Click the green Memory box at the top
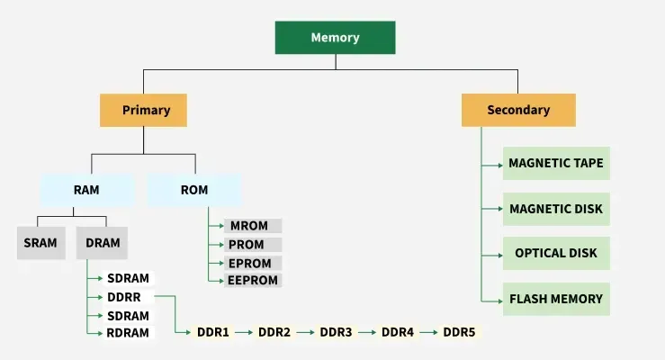(x=335, y=38)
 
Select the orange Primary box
(x=145, y=110)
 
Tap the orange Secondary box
(x=518, y=110)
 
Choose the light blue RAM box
(x=86, y=190)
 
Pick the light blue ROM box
(x=194, y=190)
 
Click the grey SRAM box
(x=40, y=243)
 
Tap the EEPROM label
(x=253, y=281)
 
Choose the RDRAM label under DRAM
(x=128, y=332)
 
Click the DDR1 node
(x=213, y=332)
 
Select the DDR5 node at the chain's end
(x=459, y=332)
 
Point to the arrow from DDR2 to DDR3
(x=305, y=332)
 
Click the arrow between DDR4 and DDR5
(x=428, y=332)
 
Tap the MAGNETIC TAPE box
(x=555, y=164)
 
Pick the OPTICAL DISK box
(x=555, y=254)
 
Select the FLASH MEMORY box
(x=555, y=299)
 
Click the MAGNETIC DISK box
(x=555, y=209)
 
